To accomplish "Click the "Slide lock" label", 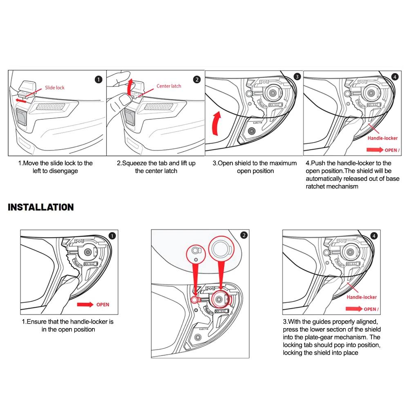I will (x=54, y=87).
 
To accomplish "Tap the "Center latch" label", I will (x=168, y=86).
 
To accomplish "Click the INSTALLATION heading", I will (x=41, y=207).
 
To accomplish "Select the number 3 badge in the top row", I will (x=297, y=76).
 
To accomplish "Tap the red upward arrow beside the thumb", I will (x=130, y=87).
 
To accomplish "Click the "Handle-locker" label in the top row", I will (x=382, y=138).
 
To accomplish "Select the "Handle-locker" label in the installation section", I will (x=362, y=297).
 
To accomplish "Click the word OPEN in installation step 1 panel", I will (x=103, y=305).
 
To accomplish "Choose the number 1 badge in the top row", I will (x=98, y=79).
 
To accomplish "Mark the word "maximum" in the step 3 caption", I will (x=282, y=163).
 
